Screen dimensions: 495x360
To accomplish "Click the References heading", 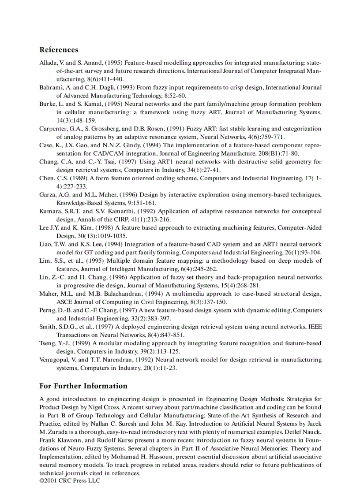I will tap(59, 50).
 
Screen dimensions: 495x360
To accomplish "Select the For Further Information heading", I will tap(83, 386).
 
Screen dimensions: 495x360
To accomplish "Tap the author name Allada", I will tap(49, 63).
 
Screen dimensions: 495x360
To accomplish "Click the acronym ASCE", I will tap(64, 302).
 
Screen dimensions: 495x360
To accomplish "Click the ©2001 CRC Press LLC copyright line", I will tap(70, 480).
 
